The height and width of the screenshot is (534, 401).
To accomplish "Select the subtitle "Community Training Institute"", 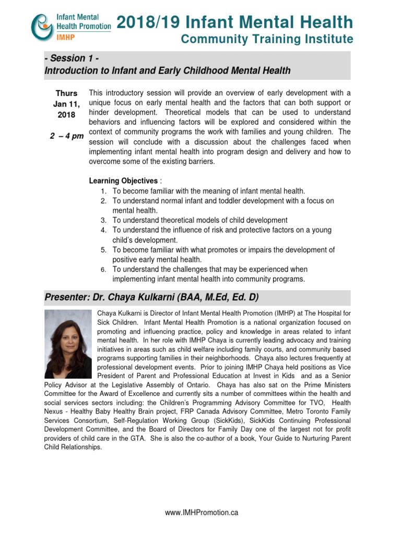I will pyautogui.click(x=266, y=40).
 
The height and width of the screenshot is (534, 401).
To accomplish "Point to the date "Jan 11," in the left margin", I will pyautogui.click(x=66, y=104).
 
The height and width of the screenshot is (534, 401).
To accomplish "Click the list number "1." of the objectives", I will pyautogui.click(x=104, y=191).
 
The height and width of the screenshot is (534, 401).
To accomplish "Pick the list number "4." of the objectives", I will pyautogui.click(x=104, y=230).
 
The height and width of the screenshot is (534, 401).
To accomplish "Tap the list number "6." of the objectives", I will pyautogui.click(x=104, y=270).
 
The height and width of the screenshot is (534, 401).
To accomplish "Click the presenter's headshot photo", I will pyautogui.click(x=68, y=344).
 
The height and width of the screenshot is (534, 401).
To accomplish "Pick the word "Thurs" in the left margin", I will pyautogui.click(x=66, y=93).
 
